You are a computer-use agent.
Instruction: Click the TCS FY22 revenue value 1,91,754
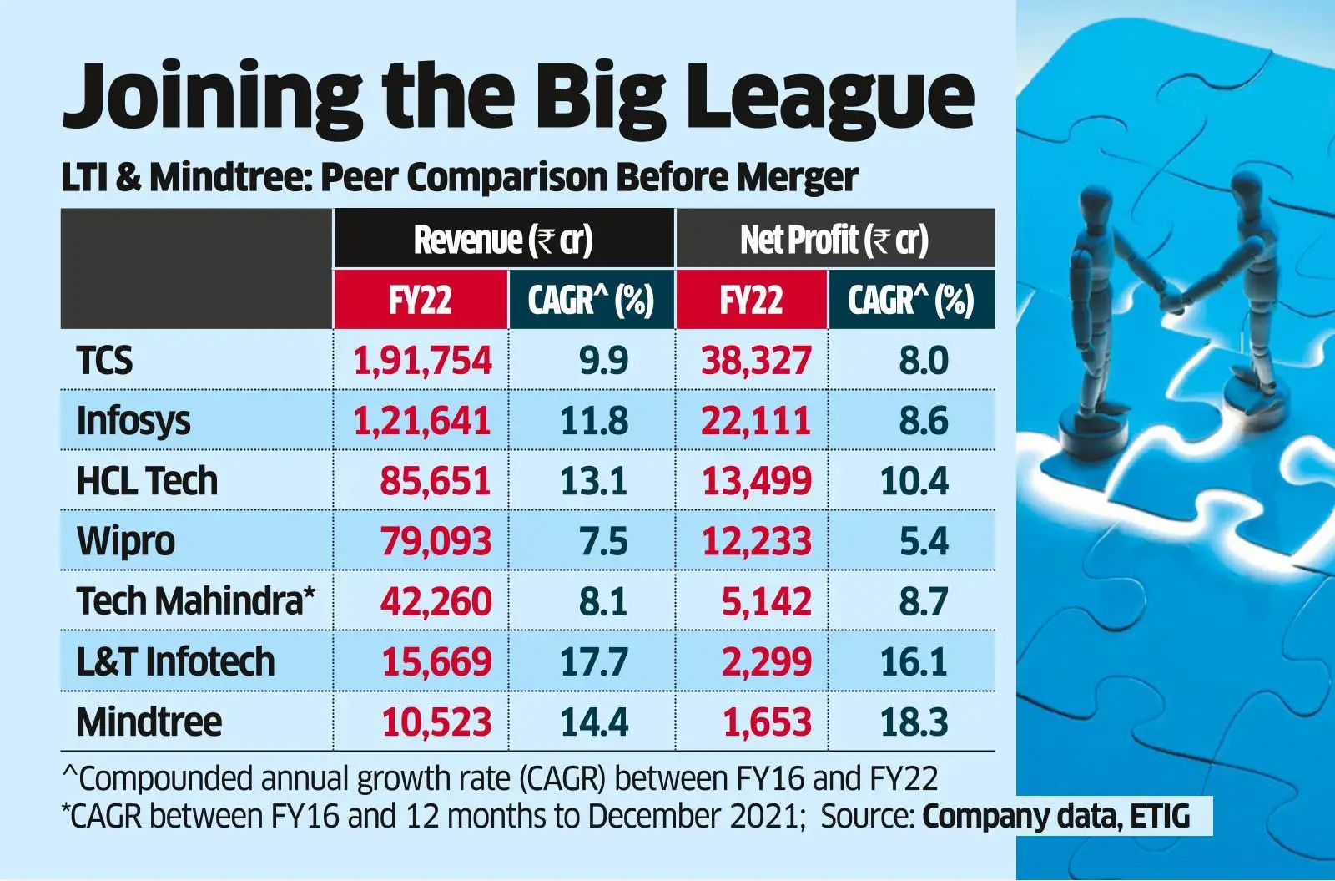pyautogui.click(x=422, y=361)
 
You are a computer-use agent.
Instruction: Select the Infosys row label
pyautogui.click(x=133, y=421)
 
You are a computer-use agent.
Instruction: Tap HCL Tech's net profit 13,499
pyautogui.click(x=756, y=481)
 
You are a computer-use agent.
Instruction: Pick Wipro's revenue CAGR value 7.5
pyautogui.click(x=602, y=541)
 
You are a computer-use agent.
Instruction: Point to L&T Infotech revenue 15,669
pyautogui.click(x=436, y=661)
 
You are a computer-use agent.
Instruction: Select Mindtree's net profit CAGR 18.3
pyautogui.click(x=914, y=722)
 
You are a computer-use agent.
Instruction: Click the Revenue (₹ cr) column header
pyautogui.click(x=503, y=240)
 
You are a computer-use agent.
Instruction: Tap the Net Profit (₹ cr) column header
pyautogui.click(x=834, y=240)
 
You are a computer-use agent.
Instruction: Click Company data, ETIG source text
pyautogui.click(x=1055, y=816)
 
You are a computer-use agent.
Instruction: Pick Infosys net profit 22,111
pyautogui.click(x=755, y=421)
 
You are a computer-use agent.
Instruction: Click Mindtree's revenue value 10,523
pyautogui.click(x=436, y=722)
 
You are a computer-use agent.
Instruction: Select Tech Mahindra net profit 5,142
pyautogui.click(x=766, y=601)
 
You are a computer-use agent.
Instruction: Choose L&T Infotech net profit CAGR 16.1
pyautogui.click(x=914, y=661)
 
